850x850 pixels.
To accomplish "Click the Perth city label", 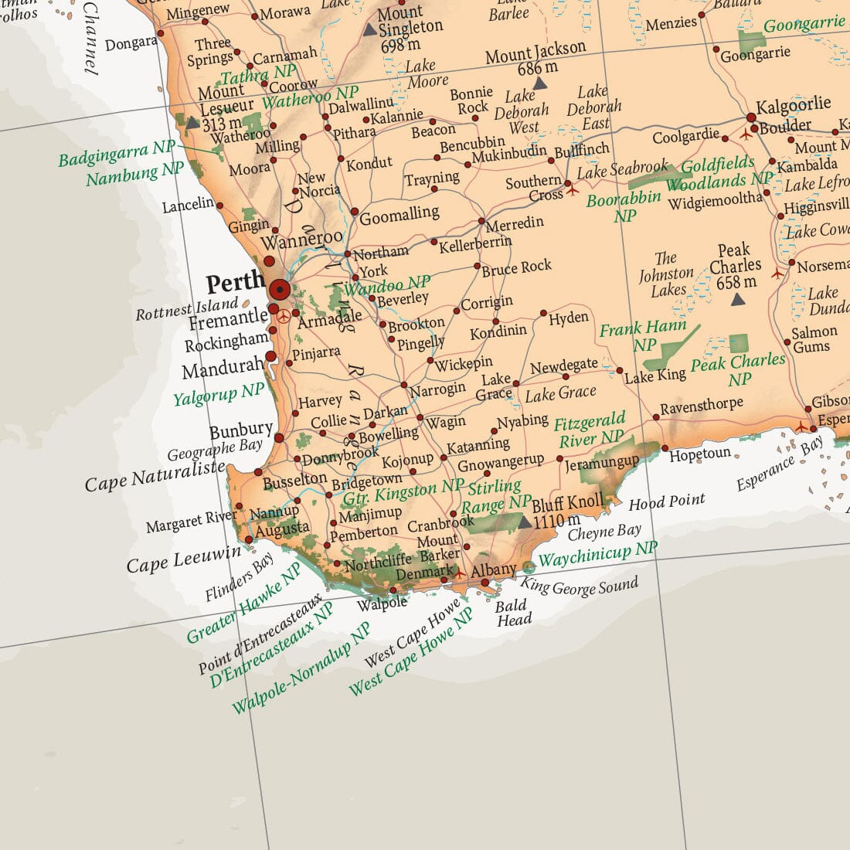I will [x=235, y=283].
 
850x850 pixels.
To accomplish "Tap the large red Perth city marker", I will [x=280, y=291].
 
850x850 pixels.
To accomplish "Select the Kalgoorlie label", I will [x=793, y=105].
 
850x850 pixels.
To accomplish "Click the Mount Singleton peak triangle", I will [x=370, y=30].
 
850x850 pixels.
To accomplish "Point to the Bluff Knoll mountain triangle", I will [x=525, y=523].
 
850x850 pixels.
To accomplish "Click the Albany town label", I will [x=493, y=570].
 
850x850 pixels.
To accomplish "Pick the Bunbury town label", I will [x=241, y=430].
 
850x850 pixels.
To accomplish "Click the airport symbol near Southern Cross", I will [x=572, y=188].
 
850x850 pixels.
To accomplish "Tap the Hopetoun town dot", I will [x=665, y=448].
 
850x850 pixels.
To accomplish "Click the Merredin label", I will [x=515, y=223].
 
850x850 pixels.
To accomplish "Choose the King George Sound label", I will [x=580, y=587].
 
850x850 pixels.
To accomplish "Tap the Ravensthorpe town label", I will [x=702, y=406].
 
